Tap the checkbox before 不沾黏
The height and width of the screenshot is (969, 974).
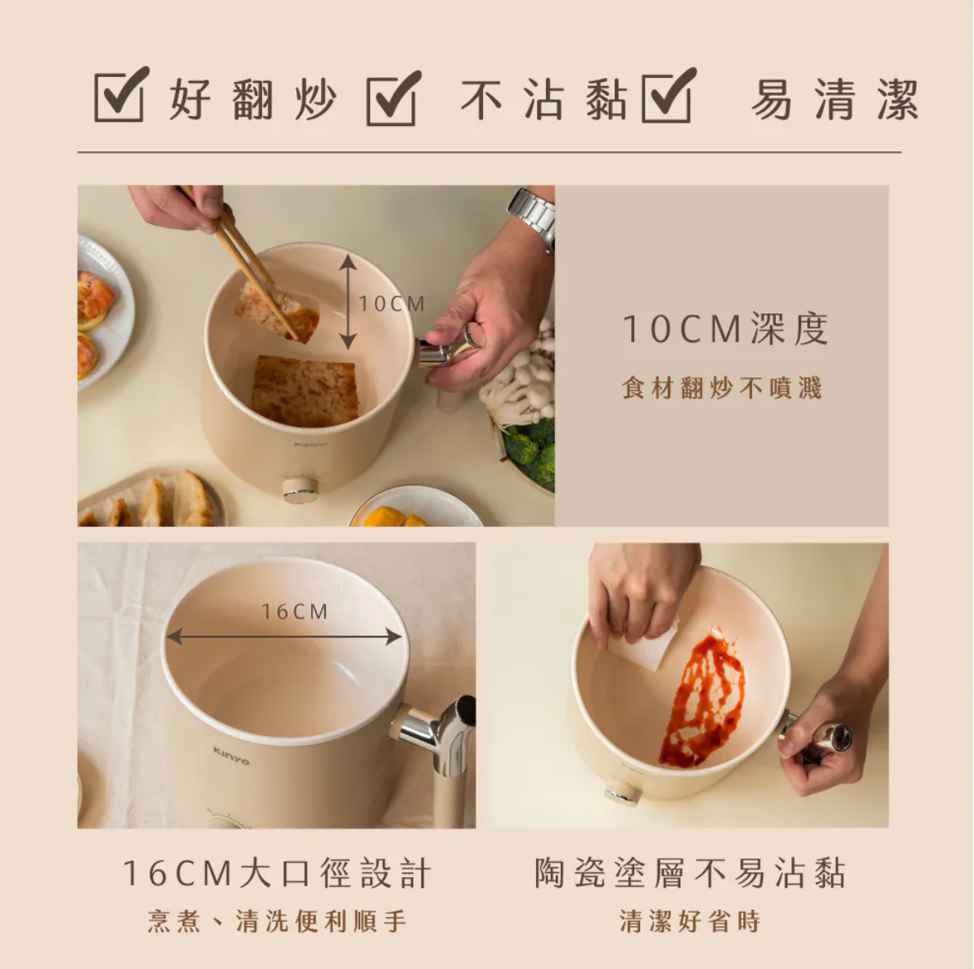point(392,98)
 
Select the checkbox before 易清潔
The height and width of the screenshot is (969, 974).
point(667,96)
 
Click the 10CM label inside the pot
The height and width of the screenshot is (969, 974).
point(392,304)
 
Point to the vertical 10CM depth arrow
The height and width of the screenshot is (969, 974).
point(348,301)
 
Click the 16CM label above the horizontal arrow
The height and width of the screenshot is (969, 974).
point(295,611)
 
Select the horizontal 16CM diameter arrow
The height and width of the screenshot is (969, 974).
point(283,637)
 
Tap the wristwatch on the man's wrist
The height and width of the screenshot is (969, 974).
point(534,213)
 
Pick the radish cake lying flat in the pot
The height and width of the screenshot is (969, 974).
point(305,390)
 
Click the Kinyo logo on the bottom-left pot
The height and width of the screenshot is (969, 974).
point(231,755)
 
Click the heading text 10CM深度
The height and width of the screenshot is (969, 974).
point(725,329)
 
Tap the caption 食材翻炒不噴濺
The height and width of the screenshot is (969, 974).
point(721,387)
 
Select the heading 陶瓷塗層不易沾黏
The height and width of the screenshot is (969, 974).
point(689,872)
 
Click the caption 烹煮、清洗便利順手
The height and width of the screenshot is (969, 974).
point(277,921)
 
